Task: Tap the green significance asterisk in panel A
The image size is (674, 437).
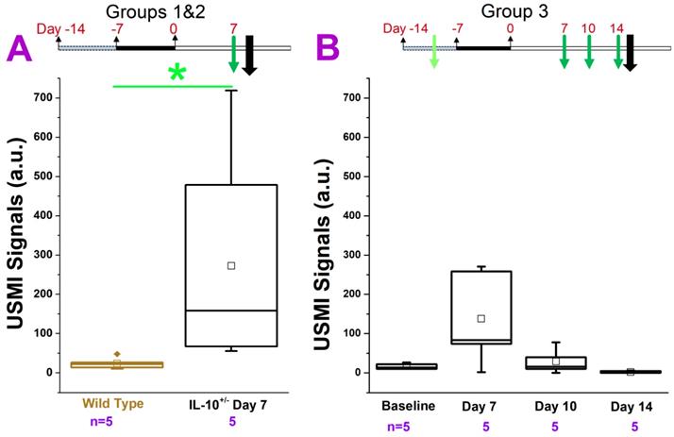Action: click(176, 74)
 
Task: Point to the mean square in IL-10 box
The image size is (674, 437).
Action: click(230, 265)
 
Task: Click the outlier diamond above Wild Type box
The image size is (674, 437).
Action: click(117, 354)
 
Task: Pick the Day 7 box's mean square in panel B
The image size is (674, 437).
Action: click(480, 318)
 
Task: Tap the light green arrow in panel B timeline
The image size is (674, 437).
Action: click(434, 51)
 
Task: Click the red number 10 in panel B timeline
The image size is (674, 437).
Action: click(588, 28)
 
